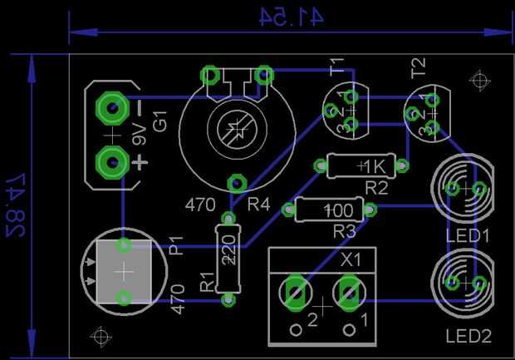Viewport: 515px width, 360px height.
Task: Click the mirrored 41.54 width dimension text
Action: click(292, 17)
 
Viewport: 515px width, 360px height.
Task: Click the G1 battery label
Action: click(160, 121)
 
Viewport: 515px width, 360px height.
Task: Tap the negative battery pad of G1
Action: click(112, 108)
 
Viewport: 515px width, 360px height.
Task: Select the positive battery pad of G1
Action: click(112, 162)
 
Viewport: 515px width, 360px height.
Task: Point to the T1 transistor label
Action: click(337, 67)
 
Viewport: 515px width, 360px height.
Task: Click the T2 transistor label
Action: click(419, 68)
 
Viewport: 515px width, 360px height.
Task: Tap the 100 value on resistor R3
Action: click(339, 210)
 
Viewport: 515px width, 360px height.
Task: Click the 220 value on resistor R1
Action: click(229, 250)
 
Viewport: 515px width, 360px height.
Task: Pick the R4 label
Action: click(258, 205)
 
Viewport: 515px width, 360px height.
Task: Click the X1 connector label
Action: click(351, 260)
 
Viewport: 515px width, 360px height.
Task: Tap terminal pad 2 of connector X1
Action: click(296, 293)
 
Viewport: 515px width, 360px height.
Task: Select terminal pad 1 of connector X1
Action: click(350, 293)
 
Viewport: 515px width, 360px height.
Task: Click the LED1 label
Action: click(468, 236)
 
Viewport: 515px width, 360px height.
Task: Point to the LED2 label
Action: click(468, 336)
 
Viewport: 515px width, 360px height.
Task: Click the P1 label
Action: click(176, 245)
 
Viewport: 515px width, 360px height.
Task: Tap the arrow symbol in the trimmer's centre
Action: click(237, 130)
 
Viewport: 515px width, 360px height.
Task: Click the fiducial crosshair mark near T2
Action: click(480, 80)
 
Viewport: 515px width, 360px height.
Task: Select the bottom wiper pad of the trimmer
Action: click(237, 184)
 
